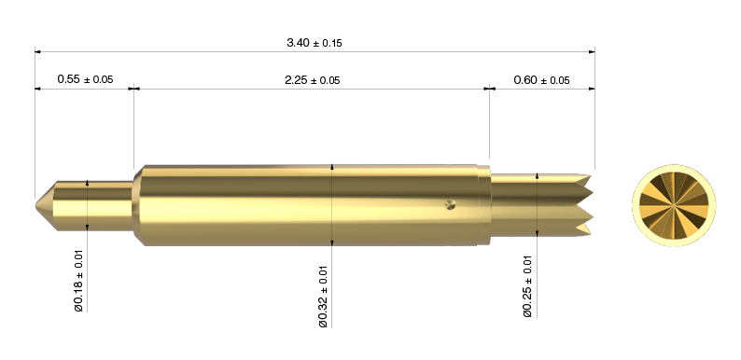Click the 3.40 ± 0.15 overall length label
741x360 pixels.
pos(315,43)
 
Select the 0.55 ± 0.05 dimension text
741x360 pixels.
pos(85,79)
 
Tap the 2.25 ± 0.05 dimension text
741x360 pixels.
pos(312,80)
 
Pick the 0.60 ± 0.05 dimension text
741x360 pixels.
pos(541,80)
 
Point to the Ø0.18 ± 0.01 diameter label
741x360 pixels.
pos(79,280)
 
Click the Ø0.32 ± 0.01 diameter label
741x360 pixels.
pos(323,297)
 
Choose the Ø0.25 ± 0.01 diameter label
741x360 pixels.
pos(528,286)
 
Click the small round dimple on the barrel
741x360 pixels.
pos(451,204)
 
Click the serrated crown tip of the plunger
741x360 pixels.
pos(585,204)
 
